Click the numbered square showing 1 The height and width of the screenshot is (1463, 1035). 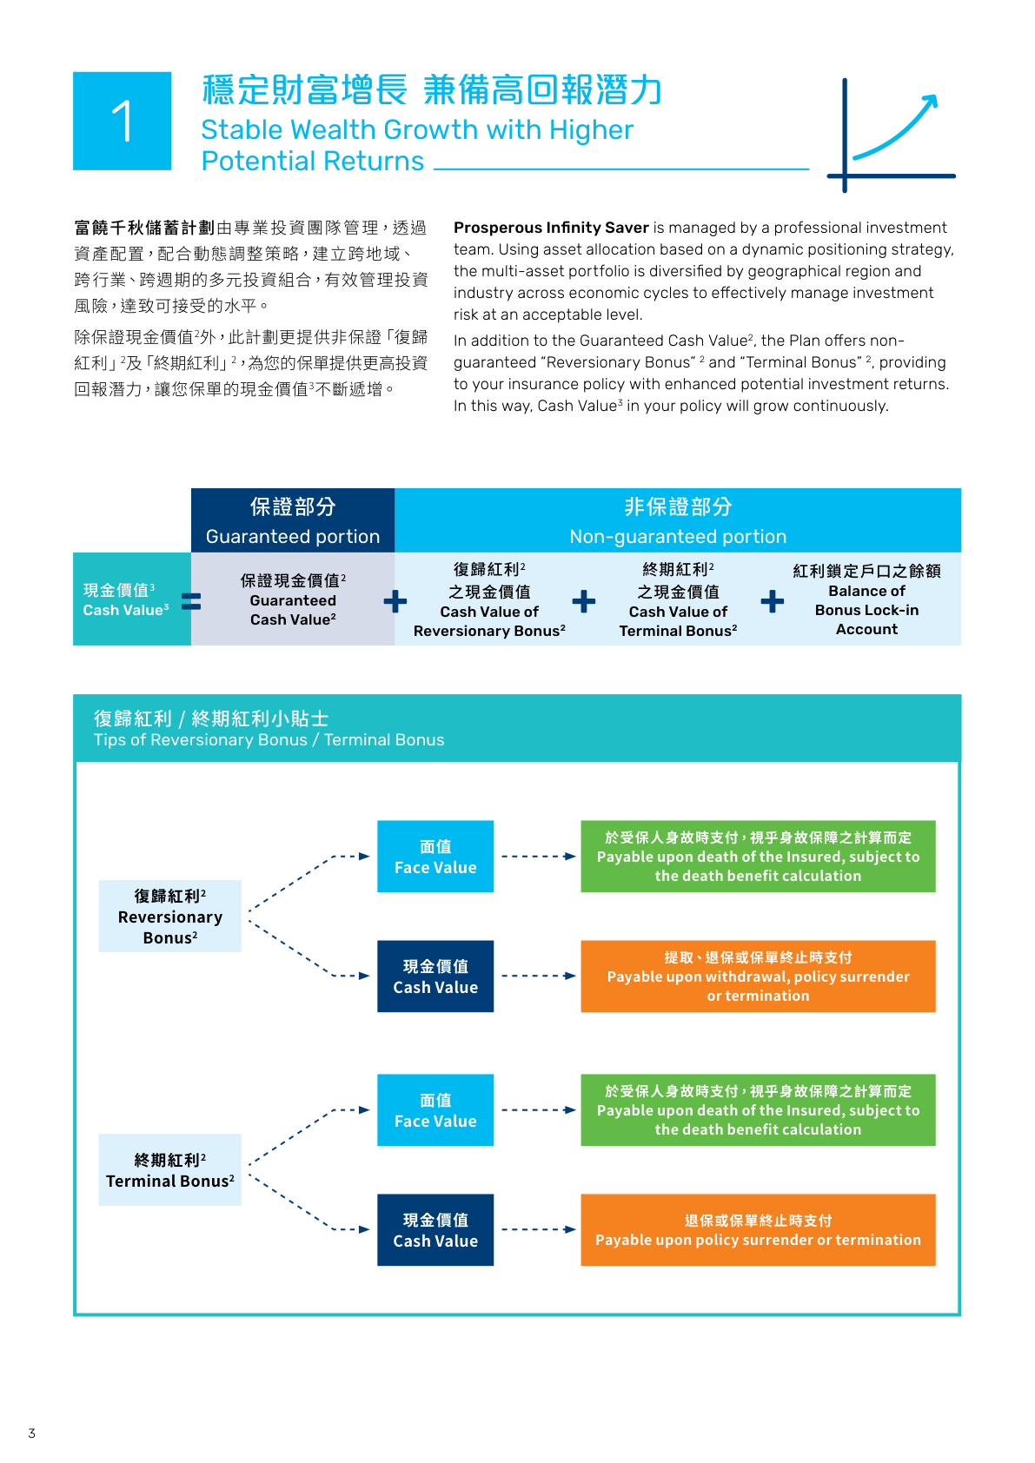(122, 121)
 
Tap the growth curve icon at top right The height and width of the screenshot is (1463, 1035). (892, 135)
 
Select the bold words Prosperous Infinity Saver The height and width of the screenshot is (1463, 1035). (551, 228)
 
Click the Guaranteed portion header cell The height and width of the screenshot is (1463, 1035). (293, 520)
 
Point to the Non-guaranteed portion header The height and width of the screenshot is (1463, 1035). (678, 520)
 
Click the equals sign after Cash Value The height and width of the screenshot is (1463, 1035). (191, 600)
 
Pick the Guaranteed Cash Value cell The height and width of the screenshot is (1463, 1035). (293, 599)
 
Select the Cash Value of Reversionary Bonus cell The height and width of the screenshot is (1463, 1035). (489, 599)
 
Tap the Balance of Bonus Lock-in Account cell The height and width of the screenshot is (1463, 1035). (866, 599)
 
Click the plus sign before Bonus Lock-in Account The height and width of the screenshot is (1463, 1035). (772, 601)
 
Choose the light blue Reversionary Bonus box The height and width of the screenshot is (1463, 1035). (170, 917)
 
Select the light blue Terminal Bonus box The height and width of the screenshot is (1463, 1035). (170, 1170)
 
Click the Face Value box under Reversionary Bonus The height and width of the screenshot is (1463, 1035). (435, 857)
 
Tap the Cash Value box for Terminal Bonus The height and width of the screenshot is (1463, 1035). (435, 1230)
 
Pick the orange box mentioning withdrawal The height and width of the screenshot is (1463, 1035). (758, 976)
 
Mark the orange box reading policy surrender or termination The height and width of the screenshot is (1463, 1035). (758, 1230)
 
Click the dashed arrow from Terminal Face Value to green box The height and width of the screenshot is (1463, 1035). (538, 1110)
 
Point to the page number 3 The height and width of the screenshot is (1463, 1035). (32, 1433)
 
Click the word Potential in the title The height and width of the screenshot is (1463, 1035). (251, 162)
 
